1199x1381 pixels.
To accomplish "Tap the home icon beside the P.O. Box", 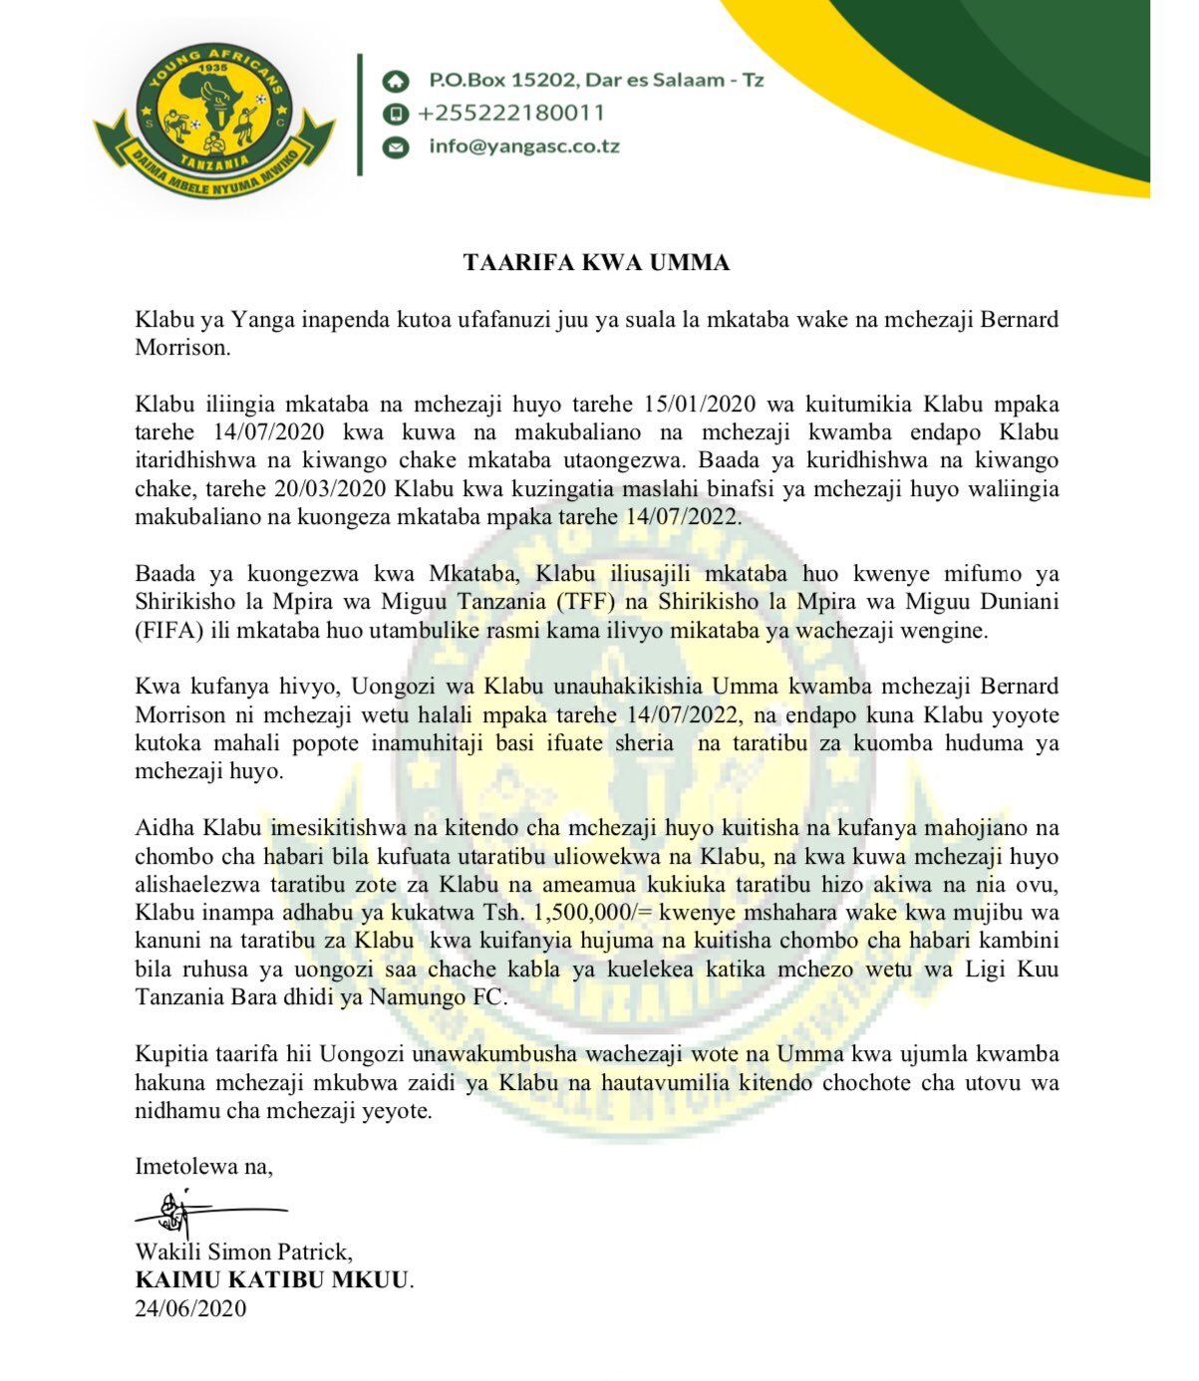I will [x=396, y=80].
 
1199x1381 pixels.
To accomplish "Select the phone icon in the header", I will [x=396, y=113].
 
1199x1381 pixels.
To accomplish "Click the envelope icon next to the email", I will [x=396, y=146].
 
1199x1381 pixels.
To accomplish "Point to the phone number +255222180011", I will [x=511, y=113].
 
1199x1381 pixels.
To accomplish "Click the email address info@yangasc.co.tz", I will [x=524, y=146].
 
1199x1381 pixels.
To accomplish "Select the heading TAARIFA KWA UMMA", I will [x=596, y=263].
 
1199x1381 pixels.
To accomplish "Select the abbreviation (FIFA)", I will [x=165, y=631].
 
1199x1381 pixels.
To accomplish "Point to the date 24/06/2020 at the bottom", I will [x=190, y=1308].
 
